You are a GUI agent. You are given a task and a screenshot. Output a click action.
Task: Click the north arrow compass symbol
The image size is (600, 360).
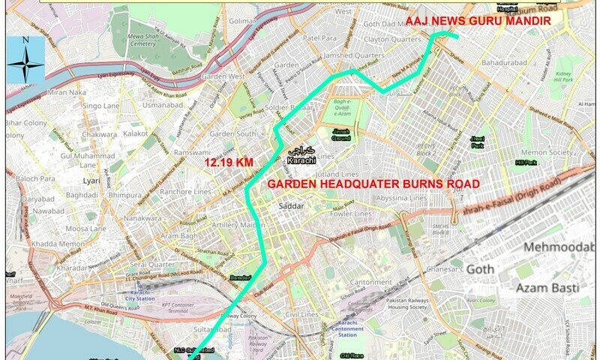(x=25, y=60)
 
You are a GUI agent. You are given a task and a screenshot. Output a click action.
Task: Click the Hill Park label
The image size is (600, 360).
(x=526, y=163)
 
